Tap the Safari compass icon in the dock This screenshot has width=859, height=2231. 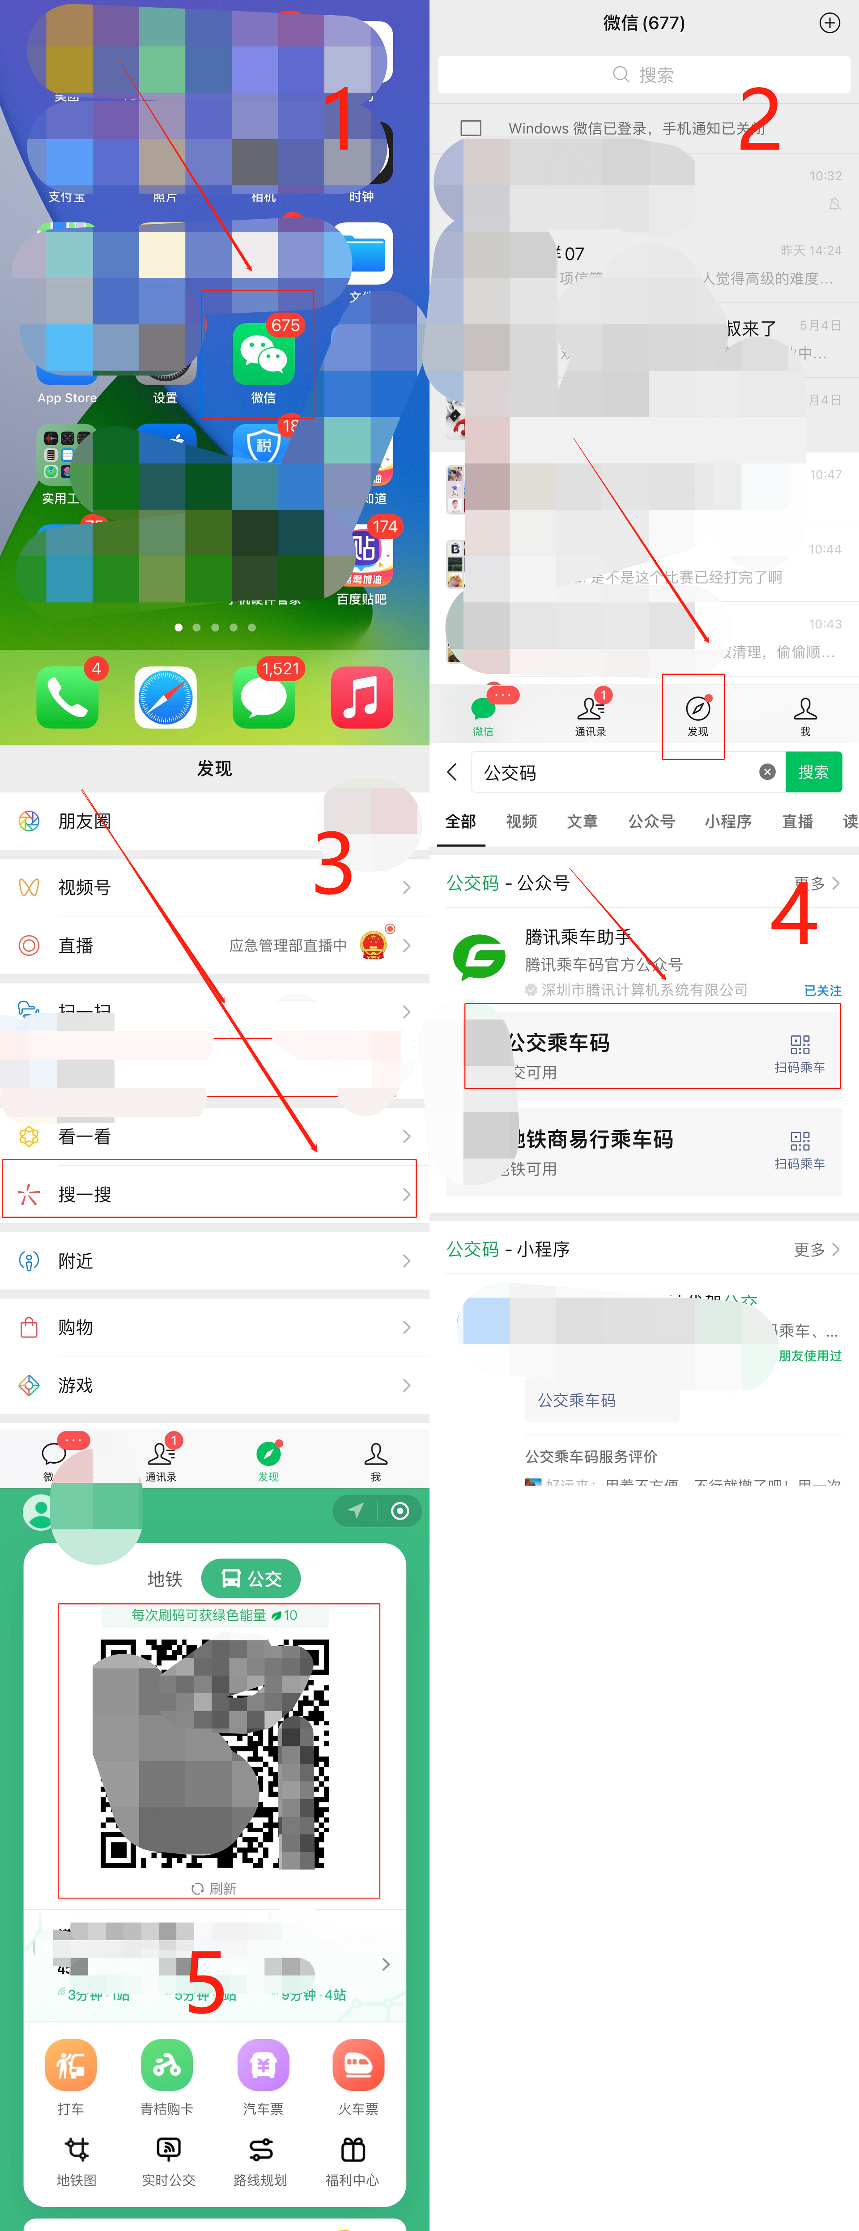[x=166, y=697]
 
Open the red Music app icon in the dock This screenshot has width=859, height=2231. [x=361, y=697]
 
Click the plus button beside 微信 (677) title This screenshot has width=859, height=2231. [x=829, y=23]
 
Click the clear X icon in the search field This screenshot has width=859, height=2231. [x=766, y=772]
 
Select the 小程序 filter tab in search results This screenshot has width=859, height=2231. [x=727, y=821]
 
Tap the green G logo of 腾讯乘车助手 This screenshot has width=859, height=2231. [x=479, y=956]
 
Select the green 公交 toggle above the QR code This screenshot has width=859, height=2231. [x=251, y=1578]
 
